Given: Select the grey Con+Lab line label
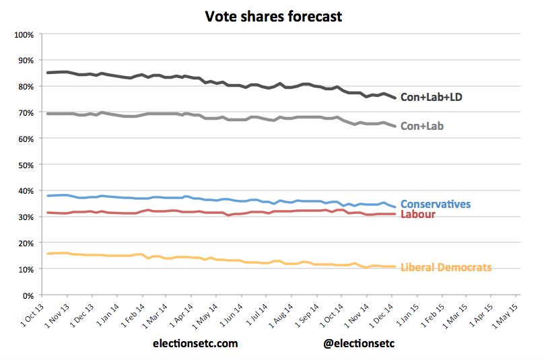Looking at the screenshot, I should point(421,126).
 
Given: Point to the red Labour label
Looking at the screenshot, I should point(418,214).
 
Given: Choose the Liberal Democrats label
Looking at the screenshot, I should point(446,268).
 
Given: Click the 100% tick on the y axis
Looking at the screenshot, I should point(24,34).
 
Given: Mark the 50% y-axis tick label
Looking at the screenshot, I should point(26,165).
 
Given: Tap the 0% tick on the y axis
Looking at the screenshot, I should point(29,295).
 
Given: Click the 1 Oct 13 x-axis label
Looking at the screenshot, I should point(32,314).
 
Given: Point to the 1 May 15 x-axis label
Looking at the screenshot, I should point(506,314).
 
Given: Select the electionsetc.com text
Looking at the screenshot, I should point(195,343).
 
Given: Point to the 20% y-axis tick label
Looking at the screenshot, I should point(26,243).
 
